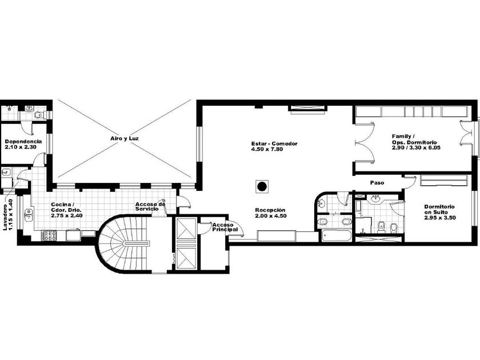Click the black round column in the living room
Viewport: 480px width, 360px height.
262,186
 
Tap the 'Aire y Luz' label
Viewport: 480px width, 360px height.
125,138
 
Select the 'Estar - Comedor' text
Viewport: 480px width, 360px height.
274,143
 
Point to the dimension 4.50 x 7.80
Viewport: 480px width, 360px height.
267,149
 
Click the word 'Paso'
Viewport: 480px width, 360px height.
377,183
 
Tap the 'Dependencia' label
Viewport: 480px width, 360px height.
23,142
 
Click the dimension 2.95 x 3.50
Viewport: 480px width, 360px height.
440,218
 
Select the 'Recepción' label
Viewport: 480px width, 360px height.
270,210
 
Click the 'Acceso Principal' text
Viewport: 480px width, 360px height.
225,227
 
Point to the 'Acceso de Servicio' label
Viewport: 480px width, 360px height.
150,206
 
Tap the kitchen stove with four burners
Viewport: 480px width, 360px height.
49,235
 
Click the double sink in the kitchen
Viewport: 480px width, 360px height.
29,215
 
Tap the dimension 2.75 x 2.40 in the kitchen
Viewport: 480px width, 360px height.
67,215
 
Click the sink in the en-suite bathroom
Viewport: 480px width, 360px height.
375,199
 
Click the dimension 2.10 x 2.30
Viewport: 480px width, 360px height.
21,147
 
